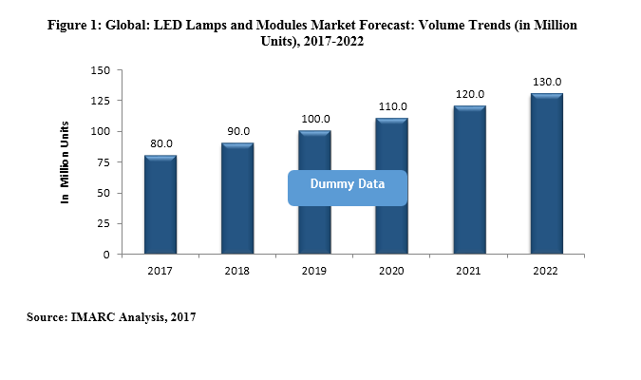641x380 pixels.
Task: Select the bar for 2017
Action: coord(160,205)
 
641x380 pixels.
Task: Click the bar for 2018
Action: coord(237,199)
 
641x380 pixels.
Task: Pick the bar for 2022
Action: coord(546,174)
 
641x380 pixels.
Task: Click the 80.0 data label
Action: coord(160,144)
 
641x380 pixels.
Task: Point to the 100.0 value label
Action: coord(314,120)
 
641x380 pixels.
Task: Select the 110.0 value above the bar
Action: coord(392,107)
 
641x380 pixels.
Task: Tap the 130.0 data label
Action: coord(546,83)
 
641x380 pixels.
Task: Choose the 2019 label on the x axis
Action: coord(314,272)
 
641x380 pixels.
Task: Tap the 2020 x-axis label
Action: coord(392,272)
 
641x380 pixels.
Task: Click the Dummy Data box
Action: coord(348,187)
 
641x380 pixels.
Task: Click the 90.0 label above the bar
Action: coord(237,132)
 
